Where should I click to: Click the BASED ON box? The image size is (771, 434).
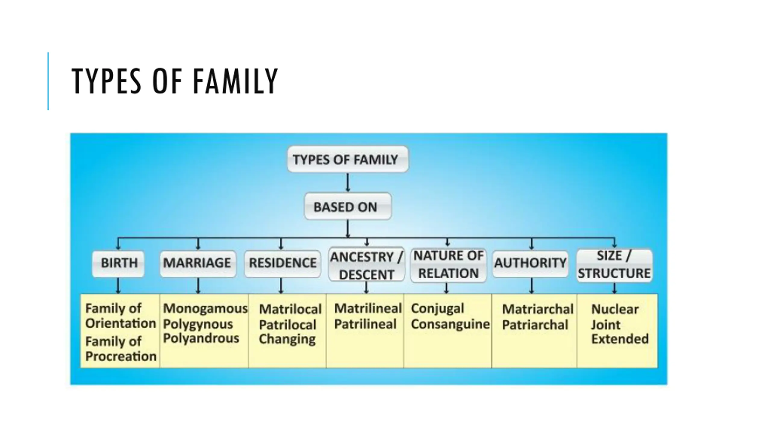348,207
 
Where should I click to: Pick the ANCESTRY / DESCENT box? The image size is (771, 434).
366,266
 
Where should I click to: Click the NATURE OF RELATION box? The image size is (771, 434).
448,265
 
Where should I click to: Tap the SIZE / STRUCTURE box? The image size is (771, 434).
614,265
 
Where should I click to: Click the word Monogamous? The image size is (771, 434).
205,308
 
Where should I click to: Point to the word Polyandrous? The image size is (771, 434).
201,338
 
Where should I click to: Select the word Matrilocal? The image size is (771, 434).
290,309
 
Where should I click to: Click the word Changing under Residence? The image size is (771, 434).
287,339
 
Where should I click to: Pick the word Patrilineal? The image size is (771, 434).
365,324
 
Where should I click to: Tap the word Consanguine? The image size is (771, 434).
450,324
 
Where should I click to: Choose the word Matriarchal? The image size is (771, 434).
538,309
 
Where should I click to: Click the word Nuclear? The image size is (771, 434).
615,309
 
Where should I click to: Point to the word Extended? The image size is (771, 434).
620,339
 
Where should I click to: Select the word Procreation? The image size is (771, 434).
121,356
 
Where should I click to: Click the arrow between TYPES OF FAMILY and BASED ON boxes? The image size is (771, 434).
348,182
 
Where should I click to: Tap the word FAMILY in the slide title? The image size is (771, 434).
235,81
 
